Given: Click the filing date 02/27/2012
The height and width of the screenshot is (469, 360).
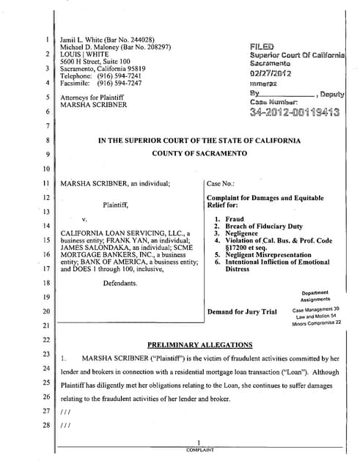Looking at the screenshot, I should click(271, 73).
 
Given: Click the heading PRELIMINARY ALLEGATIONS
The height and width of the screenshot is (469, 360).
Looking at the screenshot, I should click(200, 344).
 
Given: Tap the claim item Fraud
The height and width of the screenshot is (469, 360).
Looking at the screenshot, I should click(235, 218).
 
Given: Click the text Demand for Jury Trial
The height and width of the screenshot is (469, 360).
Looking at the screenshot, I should click(242, 311).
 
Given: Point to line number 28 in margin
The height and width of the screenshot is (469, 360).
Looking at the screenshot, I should click(45, 424).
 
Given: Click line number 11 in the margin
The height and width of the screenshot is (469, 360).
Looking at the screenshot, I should click(45, 182).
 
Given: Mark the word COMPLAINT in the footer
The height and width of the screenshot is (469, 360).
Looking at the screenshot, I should click(199, 449).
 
